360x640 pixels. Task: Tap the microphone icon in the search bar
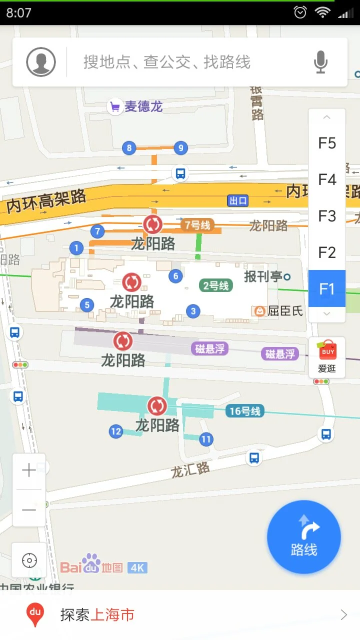click(320, 62)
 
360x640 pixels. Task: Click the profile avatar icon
click(41, 62)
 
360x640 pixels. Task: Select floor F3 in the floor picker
click(327, 216)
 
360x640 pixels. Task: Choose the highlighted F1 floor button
click(327, 288)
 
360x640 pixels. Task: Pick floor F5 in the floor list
click(327, 143)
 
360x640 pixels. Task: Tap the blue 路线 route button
click(304, 537)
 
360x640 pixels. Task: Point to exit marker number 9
click(180, 147)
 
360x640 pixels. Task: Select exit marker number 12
click(116, 431)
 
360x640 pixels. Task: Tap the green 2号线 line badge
click(215, 285)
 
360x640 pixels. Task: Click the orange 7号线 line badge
click(197, 225)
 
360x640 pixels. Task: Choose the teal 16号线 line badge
click(244, 411)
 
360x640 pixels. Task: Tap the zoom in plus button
click(29, 470)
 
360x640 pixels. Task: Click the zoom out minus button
click(29, 509)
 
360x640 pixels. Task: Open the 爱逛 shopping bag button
click(327, 357)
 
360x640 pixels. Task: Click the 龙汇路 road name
click(190, 469)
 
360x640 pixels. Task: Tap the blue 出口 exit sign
click(238, 200)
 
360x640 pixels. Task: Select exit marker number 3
click(193, 311)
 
